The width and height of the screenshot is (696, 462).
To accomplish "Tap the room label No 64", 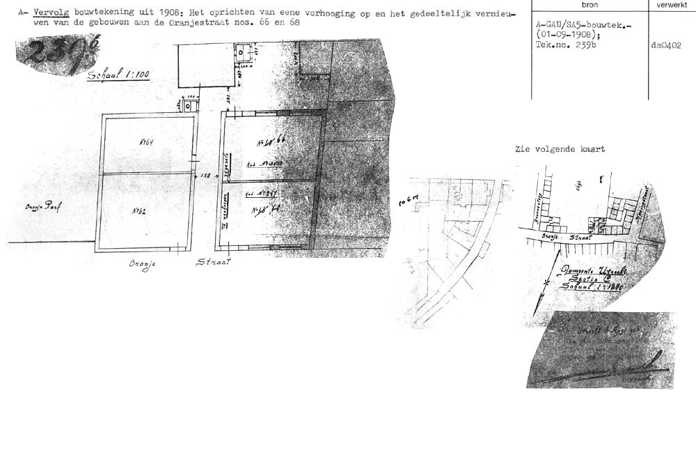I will click(146, 141).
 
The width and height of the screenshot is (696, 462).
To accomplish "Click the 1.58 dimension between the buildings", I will click(205, 176).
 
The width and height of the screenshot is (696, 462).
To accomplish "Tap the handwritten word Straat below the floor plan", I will click(213, 262).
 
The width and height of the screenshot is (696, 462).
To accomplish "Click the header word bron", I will click(589, 5).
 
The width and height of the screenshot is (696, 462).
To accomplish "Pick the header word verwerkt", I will click(672, 5).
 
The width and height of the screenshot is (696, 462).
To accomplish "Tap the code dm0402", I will click(666, 45).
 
